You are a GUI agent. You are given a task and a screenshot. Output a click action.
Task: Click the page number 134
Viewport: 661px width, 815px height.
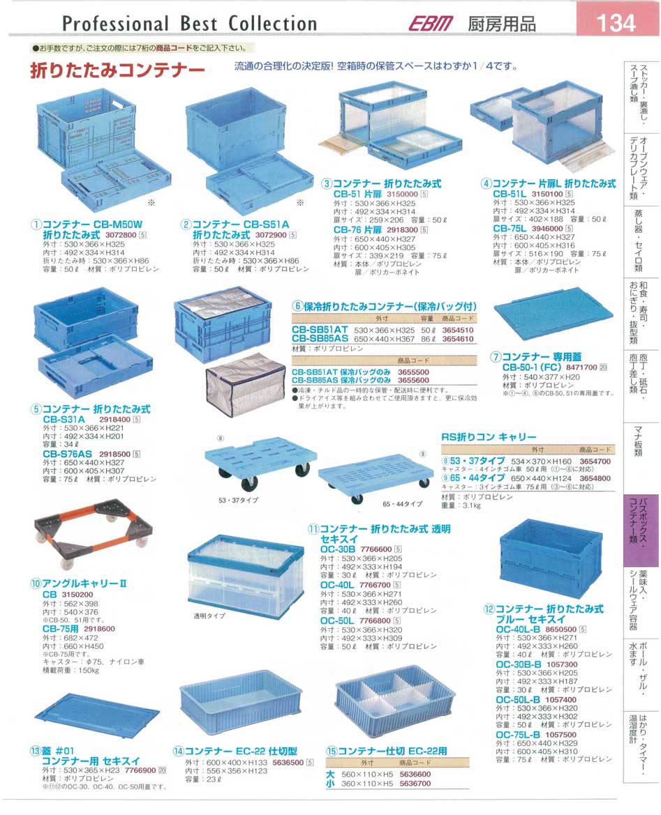click(617, 22)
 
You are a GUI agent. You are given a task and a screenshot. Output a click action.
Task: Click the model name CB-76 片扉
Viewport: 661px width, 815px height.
click(357, 229)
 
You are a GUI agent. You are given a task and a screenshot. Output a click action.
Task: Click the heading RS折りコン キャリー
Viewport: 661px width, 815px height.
click(489, 436)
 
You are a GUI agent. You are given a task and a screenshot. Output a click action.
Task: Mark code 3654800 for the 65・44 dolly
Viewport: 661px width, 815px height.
click(594, 478)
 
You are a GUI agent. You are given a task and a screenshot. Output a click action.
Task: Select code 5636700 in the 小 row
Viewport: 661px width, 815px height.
click(415, 784)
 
